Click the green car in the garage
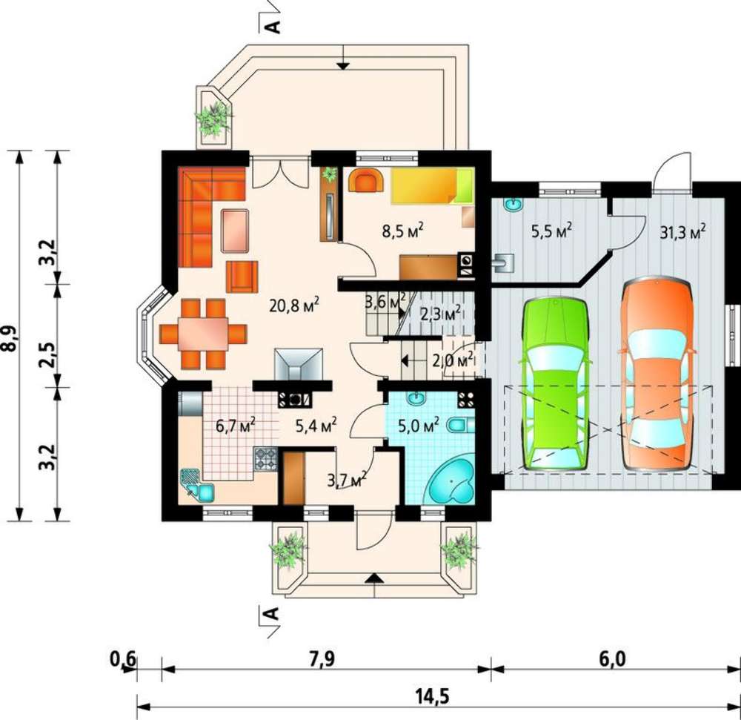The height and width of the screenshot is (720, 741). pyautogui.click(x=555, y=383)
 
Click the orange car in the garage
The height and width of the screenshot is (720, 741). pyautogui.click(x=657, y=376)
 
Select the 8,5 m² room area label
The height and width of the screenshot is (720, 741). pyautogui.click(x=402, y=231)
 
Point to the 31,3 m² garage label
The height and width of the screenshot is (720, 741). pyautogui.click(x=682, y=232)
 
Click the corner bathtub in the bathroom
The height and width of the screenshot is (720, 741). pyautogui.click(x=452, y=480)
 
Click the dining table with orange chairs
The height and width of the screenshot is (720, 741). pyautogui.click(x=203, y=334)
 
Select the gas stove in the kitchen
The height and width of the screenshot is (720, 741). pyautogui.click(x=265, y=459)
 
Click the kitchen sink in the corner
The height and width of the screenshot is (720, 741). pyautogui.click(x=197, y=486)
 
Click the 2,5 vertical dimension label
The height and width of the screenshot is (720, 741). pyautogui.click(x=47, y=354)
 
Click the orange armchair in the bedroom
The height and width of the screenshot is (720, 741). pyautogui.click(x=366, y=180)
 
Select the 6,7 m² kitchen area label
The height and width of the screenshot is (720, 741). pyautogui.click(x=236, y=425)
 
